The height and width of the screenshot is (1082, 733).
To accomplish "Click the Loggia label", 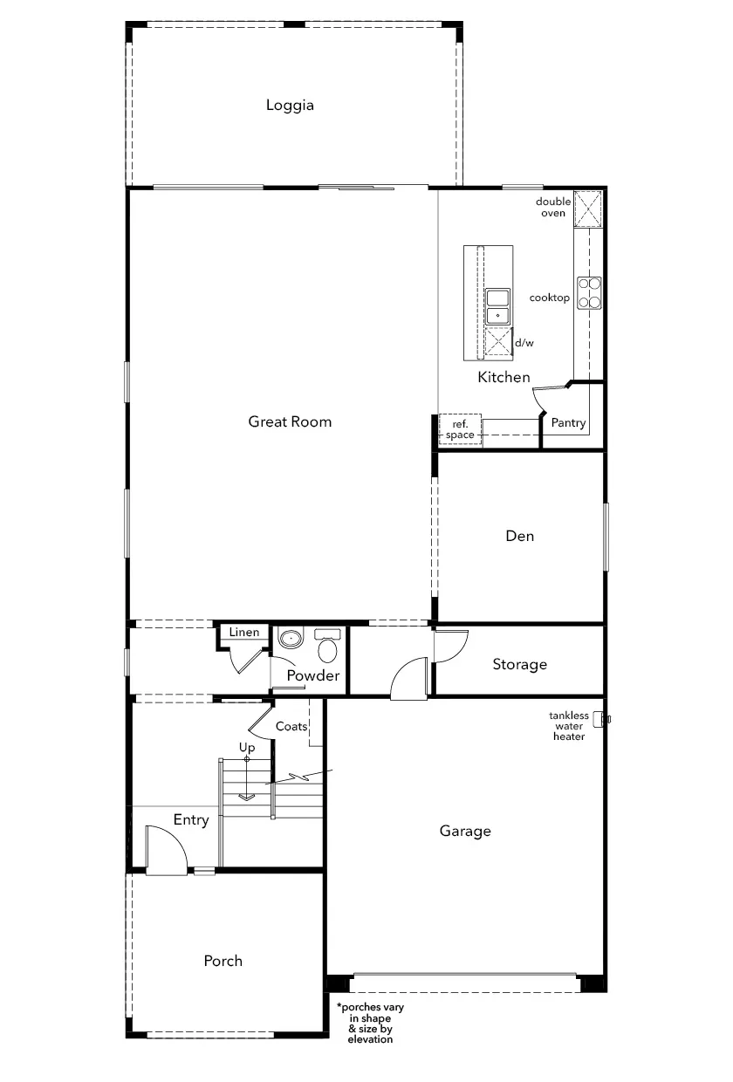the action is tap(290, 106).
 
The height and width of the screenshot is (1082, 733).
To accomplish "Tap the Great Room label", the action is tap(290, 421).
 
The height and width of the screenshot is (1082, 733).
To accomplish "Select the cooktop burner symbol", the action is tap(589, 292).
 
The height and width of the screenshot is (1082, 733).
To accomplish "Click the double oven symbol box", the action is tap(588, 209).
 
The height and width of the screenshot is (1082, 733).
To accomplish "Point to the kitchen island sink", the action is tap(497, 307).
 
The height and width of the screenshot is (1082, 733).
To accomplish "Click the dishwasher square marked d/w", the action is tap(498, 341).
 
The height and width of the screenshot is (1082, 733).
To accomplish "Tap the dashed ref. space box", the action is tap(460, 429).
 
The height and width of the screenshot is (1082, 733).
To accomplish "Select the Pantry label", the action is tap(568, 423).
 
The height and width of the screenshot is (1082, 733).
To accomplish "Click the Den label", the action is tap(520, 536).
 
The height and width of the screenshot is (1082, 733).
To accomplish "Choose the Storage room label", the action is tap(520, 665).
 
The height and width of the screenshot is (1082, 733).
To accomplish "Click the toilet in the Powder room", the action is tap(327, 645).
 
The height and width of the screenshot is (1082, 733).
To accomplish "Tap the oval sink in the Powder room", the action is tap(291, 638).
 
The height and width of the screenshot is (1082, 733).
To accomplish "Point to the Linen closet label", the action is tap(244, 633).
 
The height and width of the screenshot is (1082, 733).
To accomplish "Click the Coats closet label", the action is tap(291, 727).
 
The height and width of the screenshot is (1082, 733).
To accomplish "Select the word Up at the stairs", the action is tap(247, 748).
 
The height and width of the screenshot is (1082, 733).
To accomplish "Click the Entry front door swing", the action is tap(166, 850).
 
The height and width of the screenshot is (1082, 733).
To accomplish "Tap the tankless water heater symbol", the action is tap(601, 719).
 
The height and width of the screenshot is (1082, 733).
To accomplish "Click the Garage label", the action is tap(465, 832).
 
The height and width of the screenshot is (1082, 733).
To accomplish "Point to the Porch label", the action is tap(223, 961).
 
